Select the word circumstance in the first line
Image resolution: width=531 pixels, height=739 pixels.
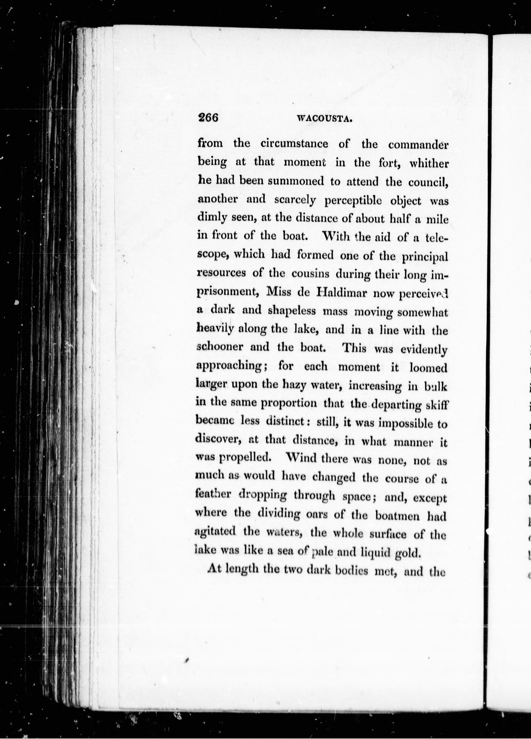tap(294, 144)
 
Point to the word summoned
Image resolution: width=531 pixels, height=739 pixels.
tap(296, 182)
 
